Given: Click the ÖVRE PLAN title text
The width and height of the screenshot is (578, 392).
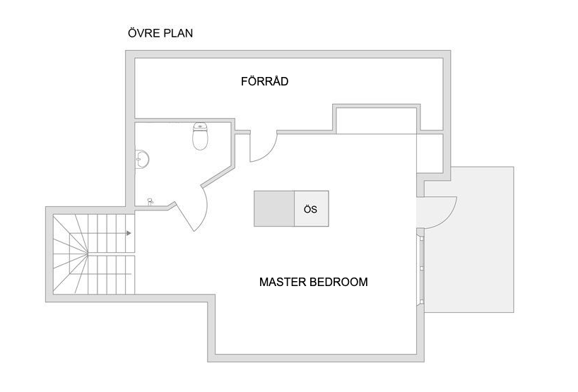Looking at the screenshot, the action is (160, 32).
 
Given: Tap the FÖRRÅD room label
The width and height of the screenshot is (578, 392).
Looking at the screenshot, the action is (265, 81).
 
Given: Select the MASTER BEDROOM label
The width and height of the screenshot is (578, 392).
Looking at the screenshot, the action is (313, 282).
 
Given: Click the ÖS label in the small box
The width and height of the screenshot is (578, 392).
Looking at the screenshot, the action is (310, 209).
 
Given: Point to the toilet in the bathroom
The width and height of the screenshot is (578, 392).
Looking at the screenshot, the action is (200, 136).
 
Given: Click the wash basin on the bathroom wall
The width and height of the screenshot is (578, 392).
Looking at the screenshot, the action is (142, 159).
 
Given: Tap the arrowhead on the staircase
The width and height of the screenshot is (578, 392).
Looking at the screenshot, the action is (129, 233).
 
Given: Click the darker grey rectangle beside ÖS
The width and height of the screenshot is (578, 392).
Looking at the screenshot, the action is (274, 208).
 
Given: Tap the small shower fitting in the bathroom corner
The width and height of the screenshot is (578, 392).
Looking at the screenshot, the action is (150, 201).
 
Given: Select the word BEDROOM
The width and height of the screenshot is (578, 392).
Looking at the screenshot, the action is (338, 282).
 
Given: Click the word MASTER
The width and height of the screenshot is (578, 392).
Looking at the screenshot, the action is (283, 282).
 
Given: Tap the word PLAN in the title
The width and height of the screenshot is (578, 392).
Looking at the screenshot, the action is (178, 32).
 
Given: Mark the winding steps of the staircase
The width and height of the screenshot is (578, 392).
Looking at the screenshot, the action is (71, 254).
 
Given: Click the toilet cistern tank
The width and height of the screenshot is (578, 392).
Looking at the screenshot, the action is (200, 126).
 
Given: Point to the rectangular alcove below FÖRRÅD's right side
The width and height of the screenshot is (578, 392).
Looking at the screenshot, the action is (377, 120).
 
